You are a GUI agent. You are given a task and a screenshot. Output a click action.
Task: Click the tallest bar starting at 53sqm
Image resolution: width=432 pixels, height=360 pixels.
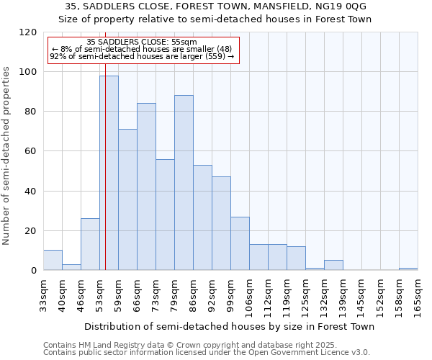click(x=109, y=173)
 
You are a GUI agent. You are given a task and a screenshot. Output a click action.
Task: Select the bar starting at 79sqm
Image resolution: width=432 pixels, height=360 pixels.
click(x=184, y=183)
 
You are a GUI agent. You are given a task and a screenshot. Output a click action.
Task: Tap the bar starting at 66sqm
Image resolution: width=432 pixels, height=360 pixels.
click(x=146, y=186)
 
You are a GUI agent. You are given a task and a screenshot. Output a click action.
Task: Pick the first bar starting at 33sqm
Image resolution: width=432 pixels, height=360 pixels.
click(x=53, y=260)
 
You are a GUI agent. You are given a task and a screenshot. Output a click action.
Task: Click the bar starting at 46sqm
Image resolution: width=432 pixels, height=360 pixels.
click(x=90, y=244)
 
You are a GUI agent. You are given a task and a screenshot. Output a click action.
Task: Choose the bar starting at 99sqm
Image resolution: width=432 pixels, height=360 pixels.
click(x=240, y=243)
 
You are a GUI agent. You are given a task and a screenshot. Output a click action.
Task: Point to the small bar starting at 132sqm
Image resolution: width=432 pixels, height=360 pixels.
click(x=333, y=265)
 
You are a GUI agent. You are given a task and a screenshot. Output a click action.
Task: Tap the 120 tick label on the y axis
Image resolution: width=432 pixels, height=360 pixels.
click(x=28, y=32)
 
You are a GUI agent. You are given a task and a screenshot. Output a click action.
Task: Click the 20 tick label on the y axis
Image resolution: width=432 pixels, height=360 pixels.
click(x=31, y=231)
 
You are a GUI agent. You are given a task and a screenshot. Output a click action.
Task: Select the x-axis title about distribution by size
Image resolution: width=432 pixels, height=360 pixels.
click(x=230, y=327)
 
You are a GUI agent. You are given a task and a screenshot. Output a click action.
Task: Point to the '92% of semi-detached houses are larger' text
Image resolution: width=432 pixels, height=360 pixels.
click(x=141, y=56)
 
